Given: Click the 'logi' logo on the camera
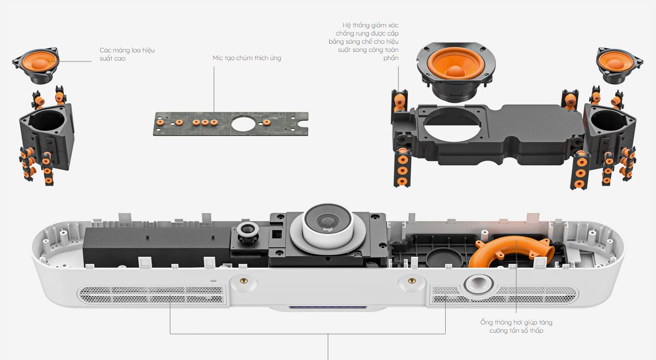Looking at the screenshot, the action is coord(328,229).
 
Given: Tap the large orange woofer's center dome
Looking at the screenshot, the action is coord(455,71).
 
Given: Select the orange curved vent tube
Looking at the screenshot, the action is coord(511,251).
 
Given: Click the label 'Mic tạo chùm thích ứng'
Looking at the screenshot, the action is coord(247,58).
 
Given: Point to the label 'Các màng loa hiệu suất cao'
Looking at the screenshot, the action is coord(127,54).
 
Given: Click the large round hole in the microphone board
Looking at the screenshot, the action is coord(244,124).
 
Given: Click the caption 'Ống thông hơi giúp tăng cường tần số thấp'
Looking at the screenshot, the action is coord(516,326).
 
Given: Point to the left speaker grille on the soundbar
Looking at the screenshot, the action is coord(152,295).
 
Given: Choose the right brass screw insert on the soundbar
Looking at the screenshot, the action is coord(412,281).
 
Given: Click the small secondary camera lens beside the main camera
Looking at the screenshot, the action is coord(248,230).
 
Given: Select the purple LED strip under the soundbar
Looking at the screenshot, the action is coord(328,307).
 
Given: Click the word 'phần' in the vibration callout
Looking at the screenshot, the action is coord(391,58).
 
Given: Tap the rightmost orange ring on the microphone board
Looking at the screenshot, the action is coord(266,122).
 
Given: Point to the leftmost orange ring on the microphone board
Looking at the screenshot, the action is coord(160,122).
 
